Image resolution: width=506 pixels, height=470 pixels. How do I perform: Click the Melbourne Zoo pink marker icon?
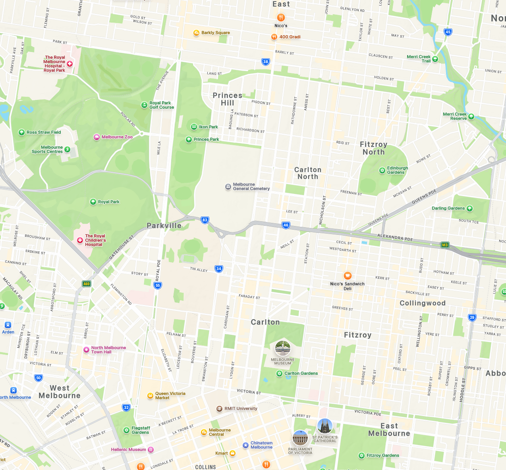coord(97,137)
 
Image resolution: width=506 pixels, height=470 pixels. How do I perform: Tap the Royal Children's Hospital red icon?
coord(80,240)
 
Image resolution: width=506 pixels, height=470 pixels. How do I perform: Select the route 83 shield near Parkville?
coord(205,220)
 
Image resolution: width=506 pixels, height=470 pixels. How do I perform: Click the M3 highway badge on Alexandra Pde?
coord(445,245)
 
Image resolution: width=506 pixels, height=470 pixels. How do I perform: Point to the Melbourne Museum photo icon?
coord(283,349)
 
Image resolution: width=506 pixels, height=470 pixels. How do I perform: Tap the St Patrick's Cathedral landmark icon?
coord(325,426)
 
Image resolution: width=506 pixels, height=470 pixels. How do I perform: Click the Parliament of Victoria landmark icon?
coord(300,438)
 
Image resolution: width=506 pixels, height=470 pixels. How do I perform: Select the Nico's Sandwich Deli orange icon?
coord(348,276)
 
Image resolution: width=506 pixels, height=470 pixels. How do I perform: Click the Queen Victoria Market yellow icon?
coord(150,395)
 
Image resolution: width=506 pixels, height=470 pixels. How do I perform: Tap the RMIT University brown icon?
coord(219,409)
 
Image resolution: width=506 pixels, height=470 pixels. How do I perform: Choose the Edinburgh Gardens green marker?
coord(382,170)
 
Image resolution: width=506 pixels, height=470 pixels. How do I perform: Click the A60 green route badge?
coord(86,284)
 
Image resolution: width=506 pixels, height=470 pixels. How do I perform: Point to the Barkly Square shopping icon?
coord(196,33)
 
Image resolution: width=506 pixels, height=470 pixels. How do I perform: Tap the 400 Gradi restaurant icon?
coord(274,37)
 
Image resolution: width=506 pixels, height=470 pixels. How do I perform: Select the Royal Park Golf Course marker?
coord(144,105)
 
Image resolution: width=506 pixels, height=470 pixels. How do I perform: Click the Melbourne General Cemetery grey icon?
coord(228,186)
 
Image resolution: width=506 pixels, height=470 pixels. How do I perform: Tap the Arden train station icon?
coord(8,325)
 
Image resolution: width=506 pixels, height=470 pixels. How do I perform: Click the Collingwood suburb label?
coord(422,303)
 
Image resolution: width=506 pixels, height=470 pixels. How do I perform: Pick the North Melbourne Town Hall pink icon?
coord(86,350)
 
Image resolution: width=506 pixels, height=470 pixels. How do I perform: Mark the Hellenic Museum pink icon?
coord(151,450)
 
